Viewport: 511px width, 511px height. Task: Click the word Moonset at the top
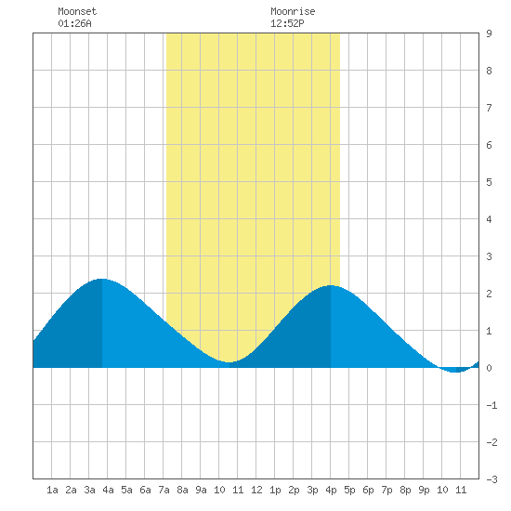[77, 11]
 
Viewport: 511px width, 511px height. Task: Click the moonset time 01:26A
[74, 23]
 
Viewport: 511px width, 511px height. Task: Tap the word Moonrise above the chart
[293, 11]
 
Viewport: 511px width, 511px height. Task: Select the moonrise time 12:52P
[287, 23]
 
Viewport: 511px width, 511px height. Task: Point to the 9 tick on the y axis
[489, 33]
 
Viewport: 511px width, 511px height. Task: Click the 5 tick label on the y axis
[489, 182]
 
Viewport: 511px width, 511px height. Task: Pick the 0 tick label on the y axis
[489, 368]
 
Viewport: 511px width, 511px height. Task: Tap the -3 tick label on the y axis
[491, 479]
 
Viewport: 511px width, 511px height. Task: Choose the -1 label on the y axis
[491, 405]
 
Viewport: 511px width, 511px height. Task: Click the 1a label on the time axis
[52, 490]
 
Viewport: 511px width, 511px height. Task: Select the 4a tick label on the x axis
[108, 490]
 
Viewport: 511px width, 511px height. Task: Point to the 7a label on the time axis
[164, 490]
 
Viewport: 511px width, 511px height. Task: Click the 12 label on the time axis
[256, 490]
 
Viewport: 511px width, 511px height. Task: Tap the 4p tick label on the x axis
[331, 490]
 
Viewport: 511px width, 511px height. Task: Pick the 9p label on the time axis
[424, 490]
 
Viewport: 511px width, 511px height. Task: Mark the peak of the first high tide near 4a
[102, 279]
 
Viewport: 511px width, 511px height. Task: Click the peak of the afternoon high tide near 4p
[331, 285]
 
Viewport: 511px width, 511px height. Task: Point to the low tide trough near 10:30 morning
[229, 362]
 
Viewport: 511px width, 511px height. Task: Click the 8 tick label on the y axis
[489, 71]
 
